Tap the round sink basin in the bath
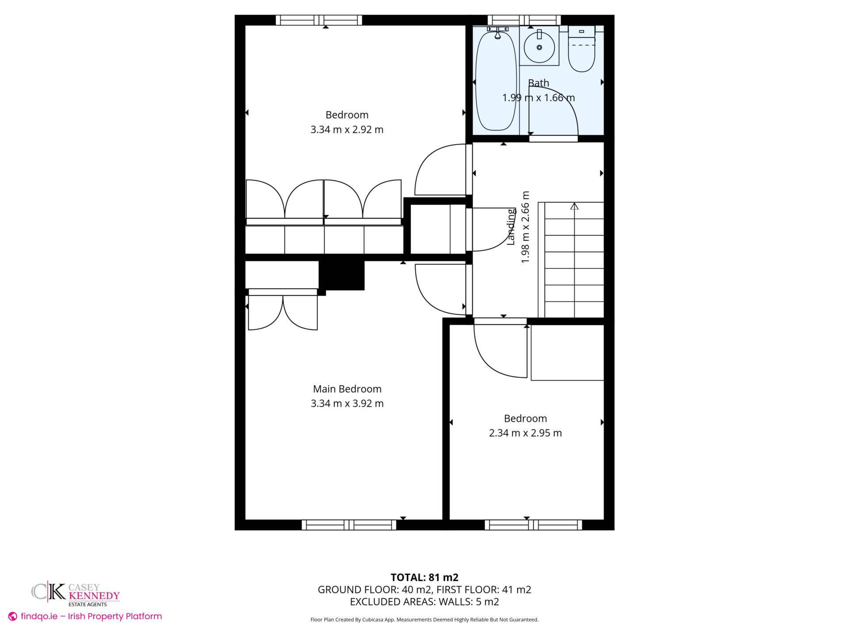tap(539, 46)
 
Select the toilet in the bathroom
tap(581, 51)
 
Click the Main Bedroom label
tap(347, 389)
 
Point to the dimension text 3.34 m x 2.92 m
tap(347, 130)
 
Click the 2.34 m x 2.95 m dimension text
tap(525, 433)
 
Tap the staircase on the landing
tap(574, 261)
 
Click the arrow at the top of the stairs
tap(574, 206)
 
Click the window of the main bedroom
tap(349, 525)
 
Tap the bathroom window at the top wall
tap(524, 20)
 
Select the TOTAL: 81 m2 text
tap(424, 577)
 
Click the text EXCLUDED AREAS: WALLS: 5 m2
tap(424, 602)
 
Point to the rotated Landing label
tap(511, 226)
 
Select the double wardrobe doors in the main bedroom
tap(283, 312)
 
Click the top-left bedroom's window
tap(319, 20)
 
